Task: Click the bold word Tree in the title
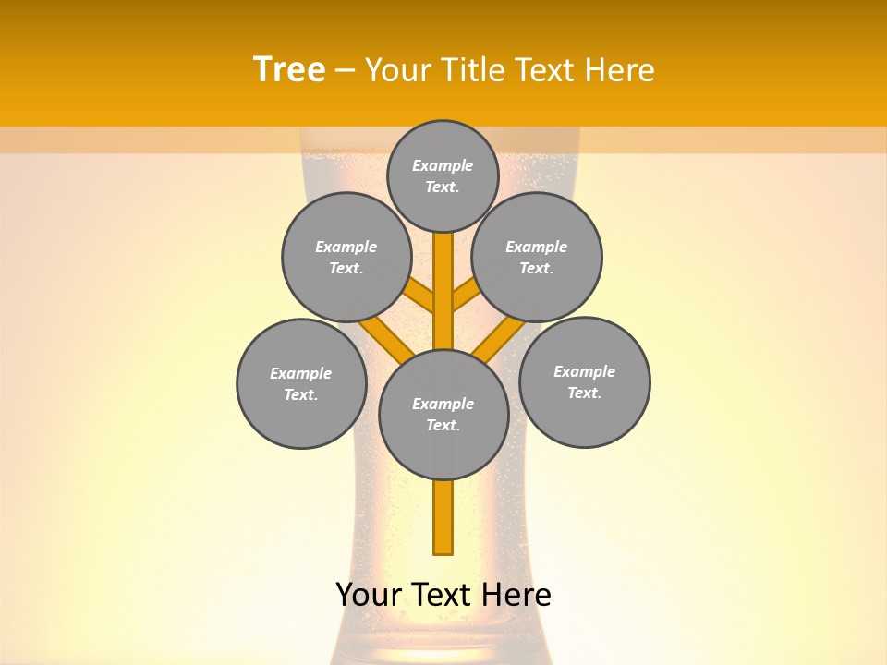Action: pyautogui.click(x=289, y=70)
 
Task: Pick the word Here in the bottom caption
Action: pyautogui.click(x=517, y=595)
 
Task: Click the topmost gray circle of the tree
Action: pyautogui.click(x=443, y=175)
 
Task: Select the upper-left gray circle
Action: pyautogui.click(x=346, y=257)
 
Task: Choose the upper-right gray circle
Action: pyautogui.click(x=537, y=257)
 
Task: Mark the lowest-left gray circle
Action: pyautogui.click(x=301, y=383)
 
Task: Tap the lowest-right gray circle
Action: pyautogui.click(x=585, y=381)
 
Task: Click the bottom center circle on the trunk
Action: pyautogui.click(x=443, y=414)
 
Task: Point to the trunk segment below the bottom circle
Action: pyautogui.click(x=443, y=517)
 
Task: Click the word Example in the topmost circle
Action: pyautogui.click(x=443, y=165)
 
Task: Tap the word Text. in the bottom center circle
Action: pyautogui.click(x=443, y=426)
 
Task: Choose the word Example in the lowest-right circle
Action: pyautogui.click(x=584, y=371)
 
